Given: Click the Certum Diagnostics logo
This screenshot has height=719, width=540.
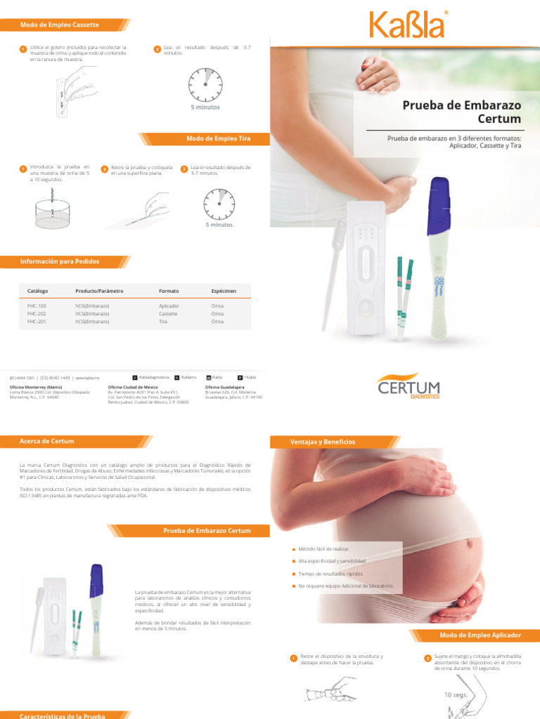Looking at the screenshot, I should click(x=409, y=387).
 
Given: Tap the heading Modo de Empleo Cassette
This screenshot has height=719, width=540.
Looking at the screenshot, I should click(x=60, y=25).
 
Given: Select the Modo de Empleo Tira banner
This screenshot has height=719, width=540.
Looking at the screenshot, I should click(x=218, y=138).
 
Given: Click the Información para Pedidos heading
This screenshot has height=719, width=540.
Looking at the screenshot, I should click(x=60, y=261).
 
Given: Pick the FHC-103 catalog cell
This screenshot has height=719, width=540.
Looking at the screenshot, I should click(x=37, y=306).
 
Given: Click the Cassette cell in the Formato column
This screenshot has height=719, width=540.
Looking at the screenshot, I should click(x=168, y=314).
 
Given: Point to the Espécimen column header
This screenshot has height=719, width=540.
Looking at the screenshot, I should click(x=224, y=290).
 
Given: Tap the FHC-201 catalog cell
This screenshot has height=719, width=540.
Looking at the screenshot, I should click(x=37, y=322).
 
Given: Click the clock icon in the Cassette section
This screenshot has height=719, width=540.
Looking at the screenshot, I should click(x=205, y=84).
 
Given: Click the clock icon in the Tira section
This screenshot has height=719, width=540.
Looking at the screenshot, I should click(x=219, y=204).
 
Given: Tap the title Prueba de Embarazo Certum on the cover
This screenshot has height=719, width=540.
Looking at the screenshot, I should click(x=461, y=112).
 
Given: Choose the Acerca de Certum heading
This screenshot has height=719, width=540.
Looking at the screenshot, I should click(x=47, y=441).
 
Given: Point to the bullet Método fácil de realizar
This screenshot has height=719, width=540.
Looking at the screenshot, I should click(x=324, y=548).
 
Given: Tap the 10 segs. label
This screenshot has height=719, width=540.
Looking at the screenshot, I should click(x=456, y=694).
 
